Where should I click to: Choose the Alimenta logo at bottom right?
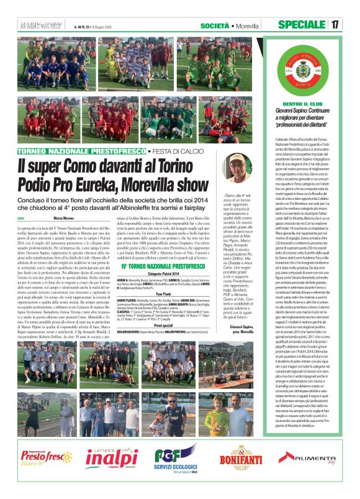313,459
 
